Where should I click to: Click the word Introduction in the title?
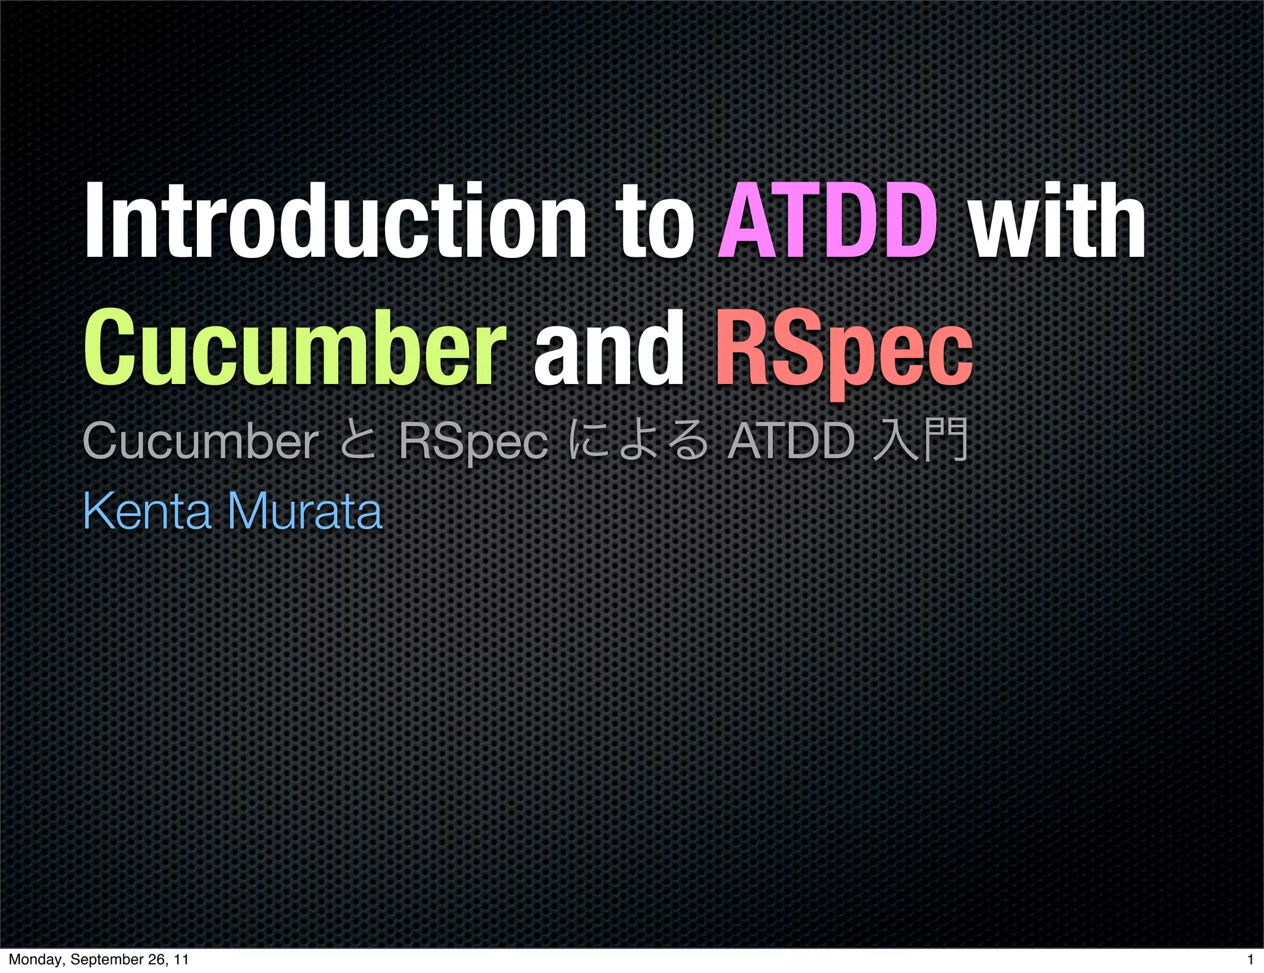(x=335, y=220)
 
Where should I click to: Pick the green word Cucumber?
(x=294, y=349)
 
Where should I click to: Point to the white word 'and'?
(x=609, y=349)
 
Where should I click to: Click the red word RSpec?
(x=844, y=352)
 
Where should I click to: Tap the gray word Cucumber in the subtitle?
(x=201, y=441)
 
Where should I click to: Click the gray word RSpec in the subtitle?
(x=473, y=443)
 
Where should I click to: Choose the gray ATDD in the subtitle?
(x=791, y=441)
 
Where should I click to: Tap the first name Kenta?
(x=147, y=511)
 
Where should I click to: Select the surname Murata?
(x=305, y=511)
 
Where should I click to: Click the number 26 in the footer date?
(x=157, y=959)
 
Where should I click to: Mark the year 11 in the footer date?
(x=181, y=959)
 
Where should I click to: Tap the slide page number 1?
(x=1250, y=959)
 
